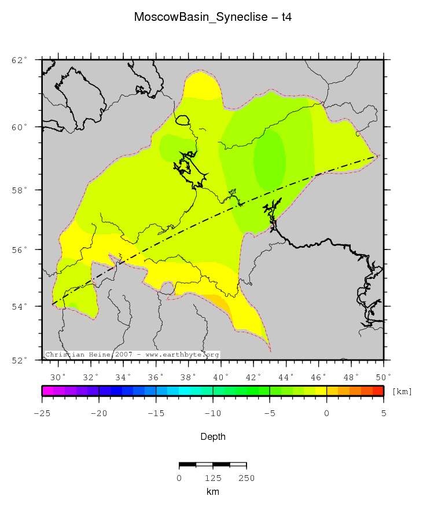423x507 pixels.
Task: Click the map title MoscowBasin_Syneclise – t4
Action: (212, 17)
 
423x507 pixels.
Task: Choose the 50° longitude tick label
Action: (383, 377)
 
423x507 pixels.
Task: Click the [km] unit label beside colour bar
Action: (402, 392)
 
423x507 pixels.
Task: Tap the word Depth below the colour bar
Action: (212, 436)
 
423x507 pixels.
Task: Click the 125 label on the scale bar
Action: (213, 478)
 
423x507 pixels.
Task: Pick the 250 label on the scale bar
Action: (247, 478)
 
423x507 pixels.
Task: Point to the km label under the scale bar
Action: (212, 491)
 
